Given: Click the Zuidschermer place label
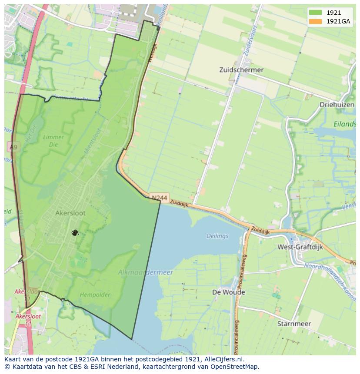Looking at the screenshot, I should click(241, 70).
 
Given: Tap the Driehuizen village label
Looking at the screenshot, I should click(337, 105).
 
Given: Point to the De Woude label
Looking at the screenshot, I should click(228, 292).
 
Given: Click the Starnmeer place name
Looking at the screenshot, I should click(294, 324).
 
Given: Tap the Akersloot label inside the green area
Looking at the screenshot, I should click(70, 213).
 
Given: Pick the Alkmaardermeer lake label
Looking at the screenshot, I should click(145, 272).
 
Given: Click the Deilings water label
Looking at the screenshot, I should click(217, 236).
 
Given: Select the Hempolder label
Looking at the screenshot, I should click(95, 295).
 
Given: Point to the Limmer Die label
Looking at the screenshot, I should click(53, 140).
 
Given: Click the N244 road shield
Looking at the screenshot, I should click(160, 198).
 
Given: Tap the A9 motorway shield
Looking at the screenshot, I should click(13, 148).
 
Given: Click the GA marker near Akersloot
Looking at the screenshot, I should click(75, 233).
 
